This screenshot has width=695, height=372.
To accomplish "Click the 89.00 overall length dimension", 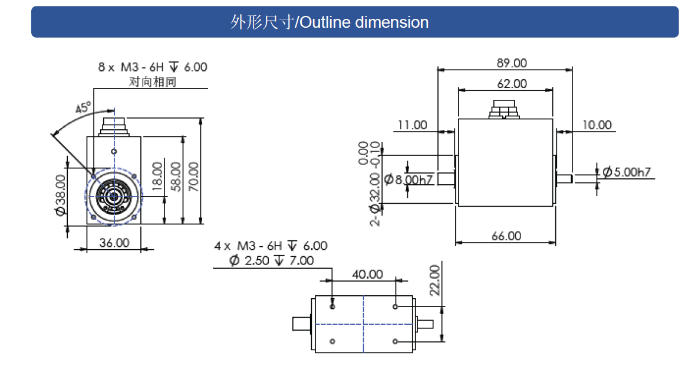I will pyautogui.click(x=512, y=63).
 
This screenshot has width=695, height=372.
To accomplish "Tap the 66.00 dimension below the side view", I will pyautogui.click(x=506, y=236).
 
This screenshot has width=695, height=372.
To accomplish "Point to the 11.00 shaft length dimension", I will pyautogui.click(x=412, y=125).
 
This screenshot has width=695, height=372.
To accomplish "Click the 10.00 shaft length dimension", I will pyautogui.click(x=597, y=125).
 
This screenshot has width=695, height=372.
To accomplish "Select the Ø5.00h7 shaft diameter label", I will pyautogui.click(x=626, y=172).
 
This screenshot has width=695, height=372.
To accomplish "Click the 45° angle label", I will pyautogui.click(x=84, y=108).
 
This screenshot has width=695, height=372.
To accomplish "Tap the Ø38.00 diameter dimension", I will pyautogui.click(x=60, y=195).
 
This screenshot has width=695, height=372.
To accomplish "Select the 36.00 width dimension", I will pyautogui.click(x=114, y=243).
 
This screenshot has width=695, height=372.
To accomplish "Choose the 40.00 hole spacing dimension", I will pyautogui.click(x=367, y=274).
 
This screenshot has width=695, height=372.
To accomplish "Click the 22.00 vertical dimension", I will pyautogui.click(x=435, y=279).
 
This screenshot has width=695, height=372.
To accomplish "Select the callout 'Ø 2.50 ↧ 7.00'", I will pyautogui.click(x=272, y=260).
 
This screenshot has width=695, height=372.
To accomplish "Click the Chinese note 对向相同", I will pyautogui.click(x=152, y=81).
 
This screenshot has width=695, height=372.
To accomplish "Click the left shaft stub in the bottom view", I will pyautogui.click(x=302, y=324).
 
